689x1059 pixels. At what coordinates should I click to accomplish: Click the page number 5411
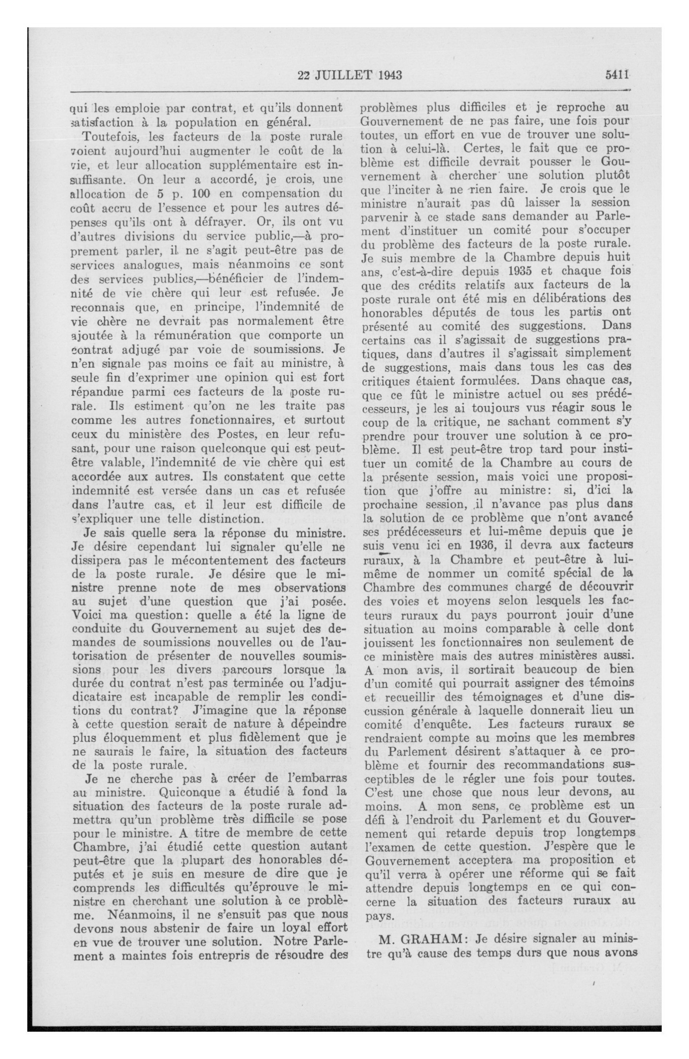pos(616,76)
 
